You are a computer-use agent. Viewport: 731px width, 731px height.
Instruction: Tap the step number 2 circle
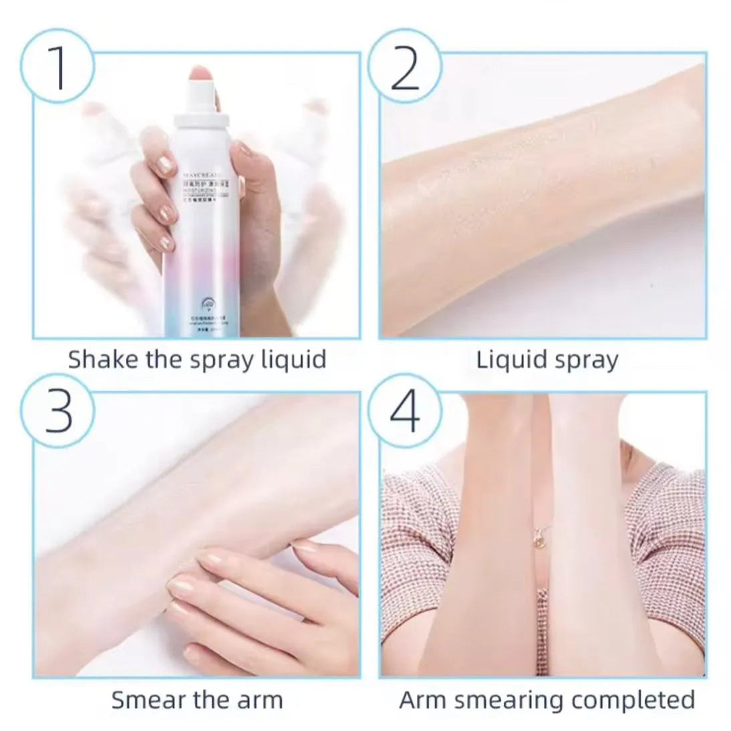pyautogui.click(x=404, y=67)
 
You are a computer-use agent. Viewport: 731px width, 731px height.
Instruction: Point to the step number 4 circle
pyautogui.click(x=404, y=410)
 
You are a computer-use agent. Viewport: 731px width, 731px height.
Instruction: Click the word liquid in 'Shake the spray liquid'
pyautogui.click(x=291, y=359)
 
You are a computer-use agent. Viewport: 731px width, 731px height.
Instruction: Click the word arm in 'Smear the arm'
pyautogui.click(x=261, y=700)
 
